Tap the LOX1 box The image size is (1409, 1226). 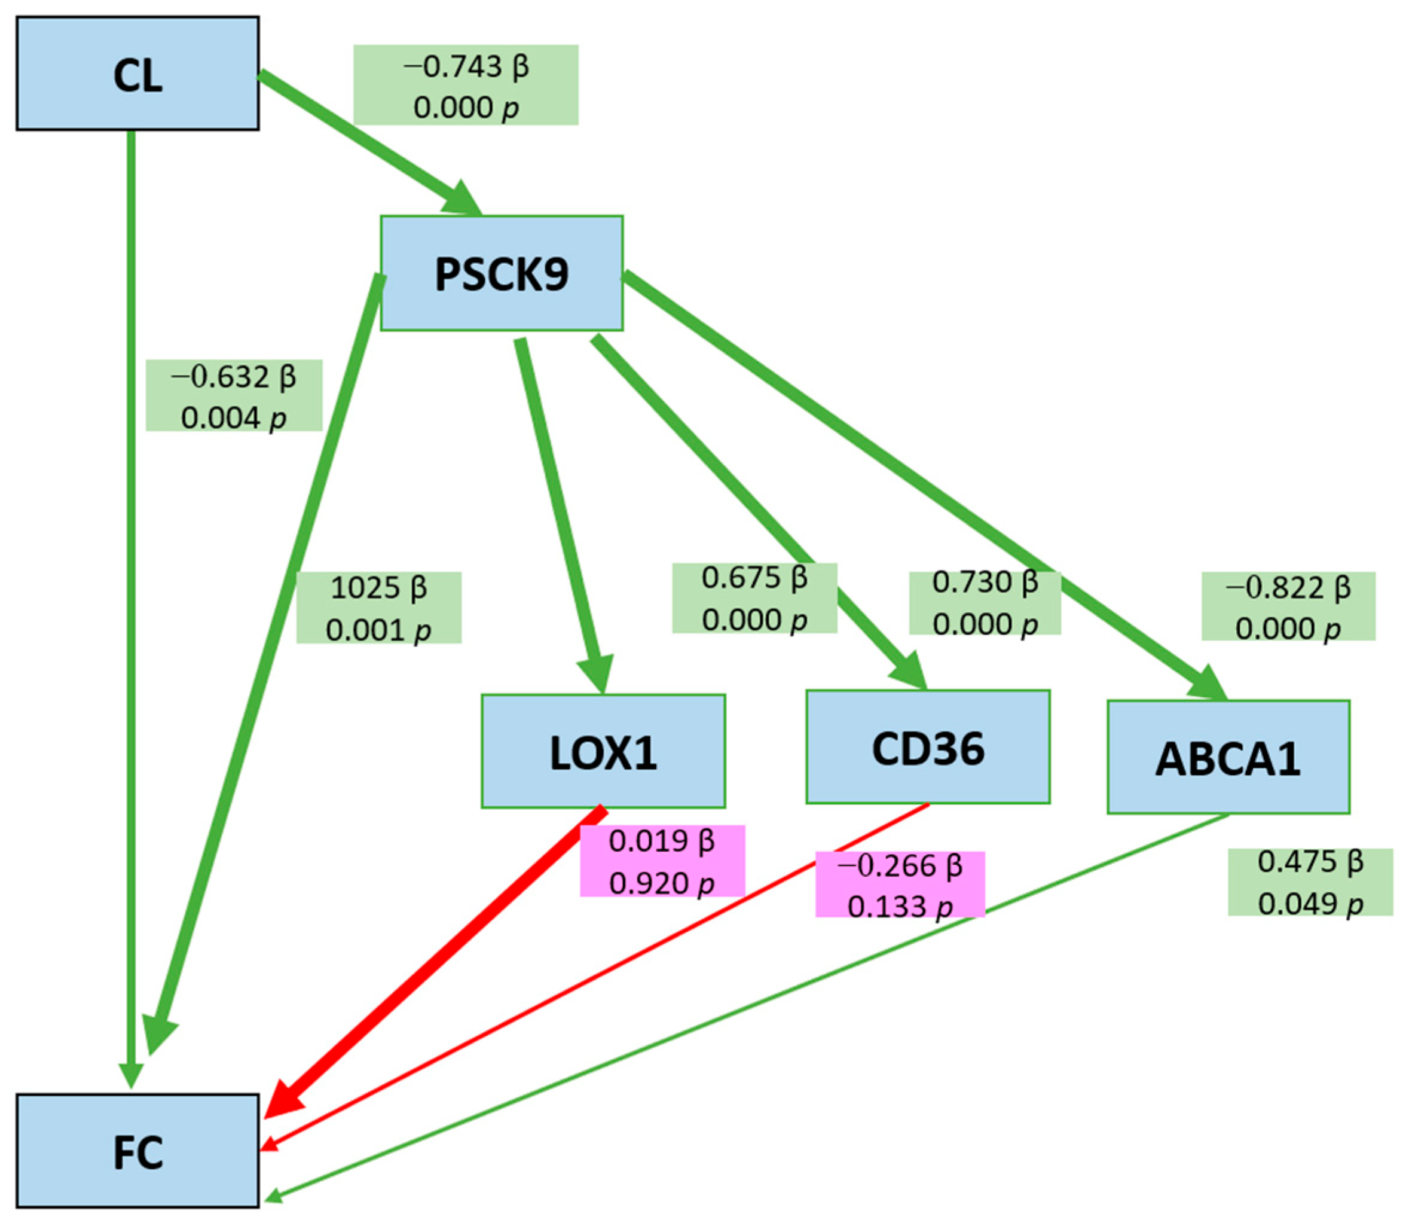pyautogui.click(x=603, y=752)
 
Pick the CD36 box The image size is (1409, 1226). pyautogui.click(x=928, y=747)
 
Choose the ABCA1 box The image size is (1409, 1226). pyautogui.click(x=1228, y=757)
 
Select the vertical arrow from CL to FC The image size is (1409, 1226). pyautogui.click(x=131, y=616)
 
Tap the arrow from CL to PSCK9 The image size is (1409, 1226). pyautogui.click(x=362, y=137)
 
